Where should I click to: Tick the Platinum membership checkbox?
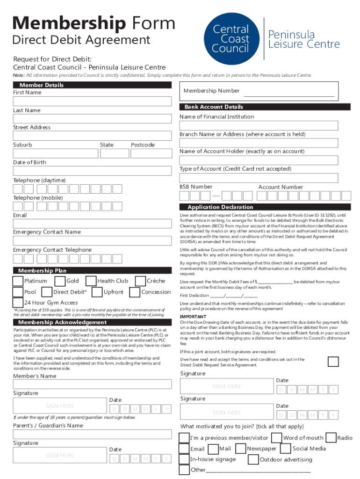(18, 281)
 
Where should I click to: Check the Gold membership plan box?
(60, 281)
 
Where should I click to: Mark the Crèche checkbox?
(140, 281)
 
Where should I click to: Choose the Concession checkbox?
(135, 292)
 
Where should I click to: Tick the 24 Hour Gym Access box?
(18, 303)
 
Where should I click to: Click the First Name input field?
(92, 102)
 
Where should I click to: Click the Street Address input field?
(92, 136)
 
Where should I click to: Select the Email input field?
(92, 224)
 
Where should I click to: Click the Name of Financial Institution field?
(259, 125)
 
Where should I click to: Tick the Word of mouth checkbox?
(276, 438)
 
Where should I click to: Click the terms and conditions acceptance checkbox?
(333, 362)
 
